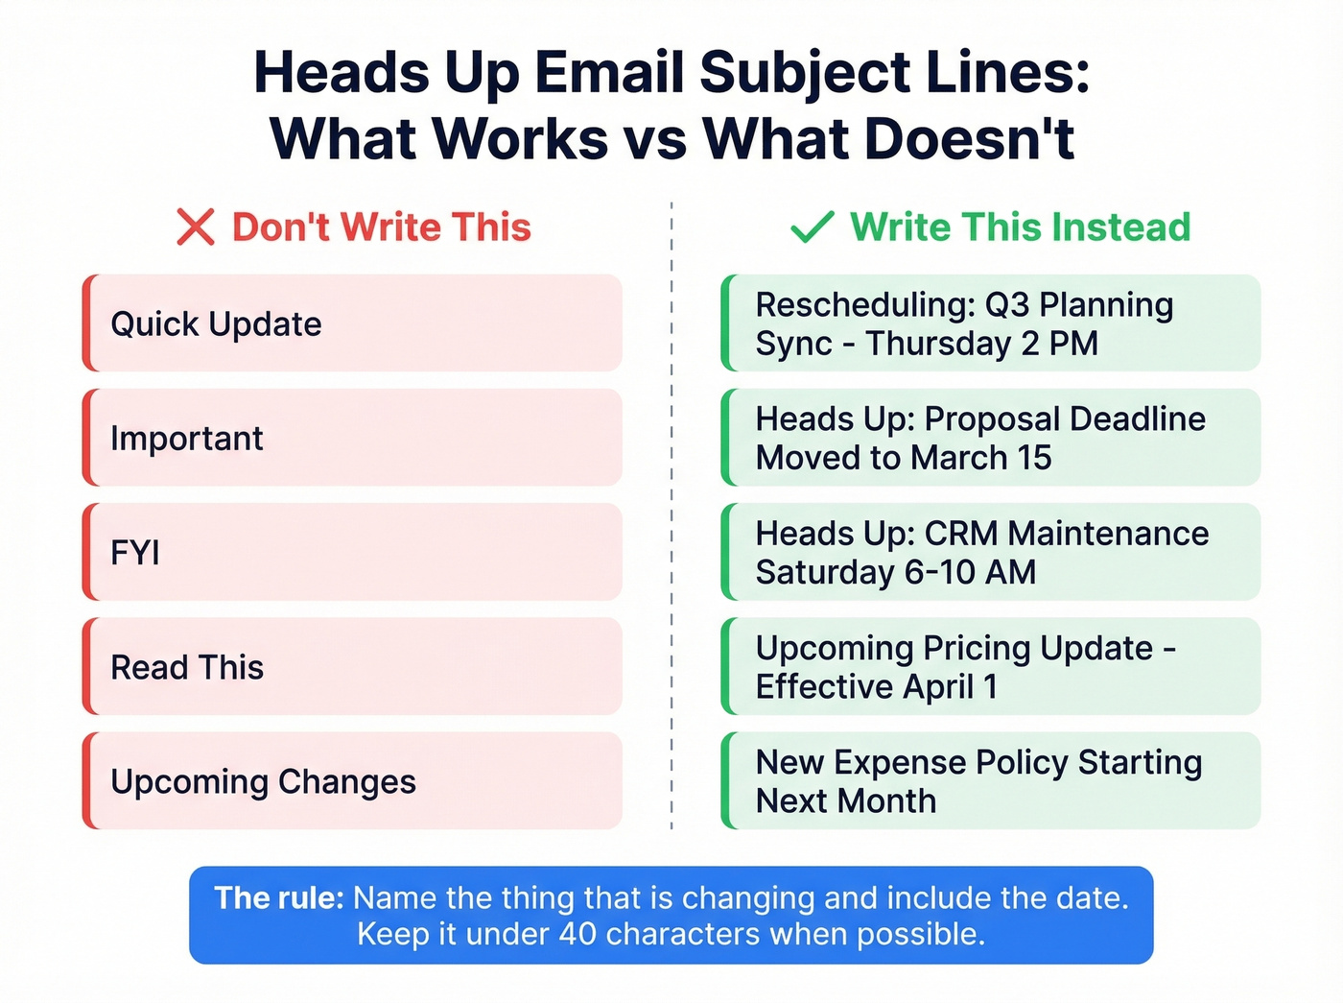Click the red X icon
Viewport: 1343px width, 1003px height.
coord(196,227)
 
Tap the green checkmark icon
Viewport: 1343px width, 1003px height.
coord(812,227)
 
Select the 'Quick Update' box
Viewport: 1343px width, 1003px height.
coord(352,323)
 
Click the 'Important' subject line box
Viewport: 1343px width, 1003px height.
coord(352,438)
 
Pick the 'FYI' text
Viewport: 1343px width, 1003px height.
coord(135,553)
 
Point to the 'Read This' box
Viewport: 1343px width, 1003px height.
coord(352,667)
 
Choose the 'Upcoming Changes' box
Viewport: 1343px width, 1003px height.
coord(352,781)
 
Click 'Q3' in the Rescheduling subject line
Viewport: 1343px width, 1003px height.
coord(1007,305)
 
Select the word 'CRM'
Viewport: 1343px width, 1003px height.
coord(961,534)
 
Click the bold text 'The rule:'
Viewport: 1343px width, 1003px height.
coord(279,898)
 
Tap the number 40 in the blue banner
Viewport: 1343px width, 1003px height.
coord(577,934)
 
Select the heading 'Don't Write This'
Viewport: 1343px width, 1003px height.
coord(381,227)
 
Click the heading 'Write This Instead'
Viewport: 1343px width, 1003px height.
coord(1020,227)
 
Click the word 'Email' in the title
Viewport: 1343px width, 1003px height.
coord(609,73)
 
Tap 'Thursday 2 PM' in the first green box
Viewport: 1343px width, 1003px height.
coord(981,344)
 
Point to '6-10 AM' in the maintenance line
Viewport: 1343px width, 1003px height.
coord(970,572)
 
